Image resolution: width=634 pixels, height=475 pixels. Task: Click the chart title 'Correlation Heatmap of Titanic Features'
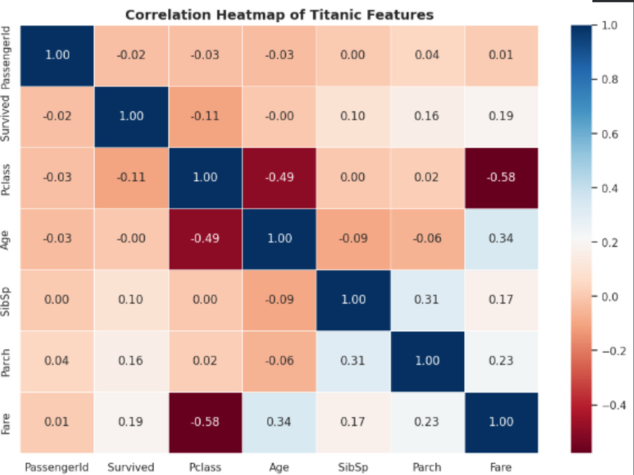click(280, 15)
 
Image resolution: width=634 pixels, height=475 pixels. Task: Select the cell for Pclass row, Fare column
click(501, 178)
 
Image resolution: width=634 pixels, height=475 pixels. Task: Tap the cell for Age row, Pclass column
click(205, 239)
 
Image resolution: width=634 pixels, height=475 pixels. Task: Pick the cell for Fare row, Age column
click(279, 422)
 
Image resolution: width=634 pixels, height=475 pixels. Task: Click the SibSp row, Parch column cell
click(427, 300)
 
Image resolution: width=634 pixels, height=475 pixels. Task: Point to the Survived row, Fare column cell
click(501, 117)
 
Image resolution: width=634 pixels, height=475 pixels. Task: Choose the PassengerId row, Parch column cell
click(427, 55)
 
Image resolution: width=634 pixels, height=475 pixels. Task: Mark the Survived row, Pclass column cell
click(205, 117)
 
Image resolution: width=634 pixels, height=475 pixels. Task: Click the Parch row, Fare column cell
click(501, 361)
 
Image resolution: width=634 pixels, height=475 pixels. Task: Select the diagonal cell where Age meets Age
click(279, 239)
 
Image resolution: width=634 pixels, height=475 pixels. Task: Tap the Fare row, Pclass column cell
click(205, 422)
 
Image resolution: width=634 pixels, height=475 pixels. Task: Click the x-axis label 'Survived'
click(131, 467)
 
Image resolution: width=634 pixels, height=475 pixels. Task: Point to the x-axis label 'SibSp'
click(353, 467)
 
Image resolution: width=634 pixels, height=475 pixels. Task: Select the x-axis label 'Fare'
click(501, 467)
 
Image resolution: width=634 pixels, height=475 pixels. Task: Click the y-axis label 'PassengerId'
click(6, 58)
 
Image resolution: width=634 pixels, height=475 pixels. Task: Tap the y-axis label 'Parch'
click(6, 363)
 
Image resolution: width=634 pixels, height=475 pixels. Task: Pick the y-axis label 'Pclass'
click(6, 180)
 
